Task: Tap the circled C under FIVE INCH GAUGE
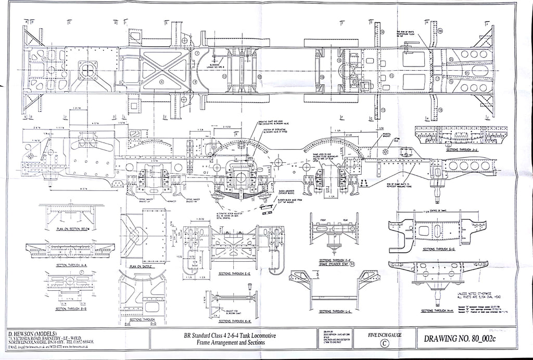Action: tap(384, 343)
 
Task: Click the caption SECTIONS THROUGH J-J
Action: tap(453, 148)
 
